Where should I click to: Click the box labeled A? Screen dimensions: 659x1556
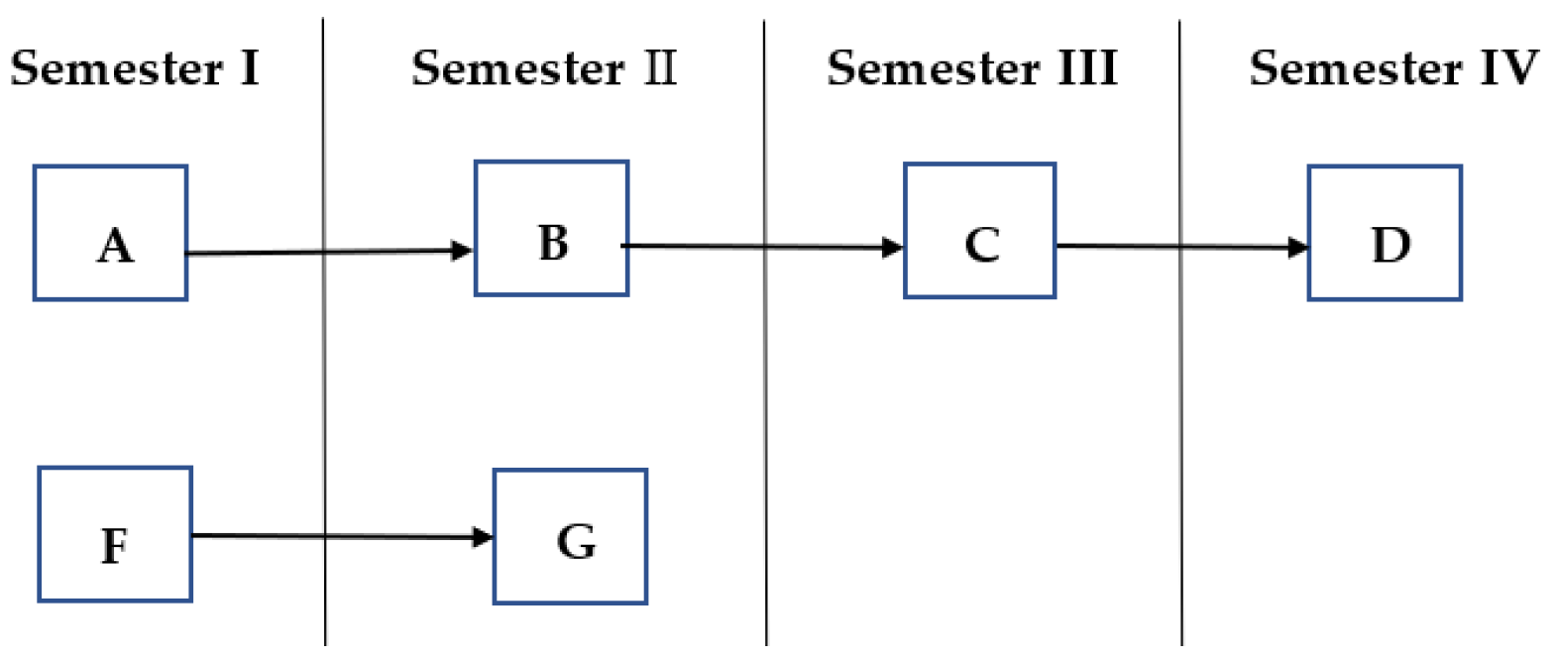(x=110, y=233)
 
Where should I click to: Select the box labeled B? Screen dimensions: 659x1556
(x=551, y=229)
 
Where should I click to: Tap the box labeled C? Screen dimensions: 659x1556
(x=979, y=231)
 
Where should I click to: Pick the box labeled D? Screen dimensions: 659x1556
(x=1384, y=233)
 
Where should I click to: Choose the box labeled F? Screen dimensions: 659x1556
(x=115, y=534)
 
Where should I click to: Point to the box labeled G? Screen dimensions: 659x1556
(x=570, y=536)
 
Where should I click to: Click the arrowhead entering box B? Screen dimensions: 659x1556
(x=463, y=251)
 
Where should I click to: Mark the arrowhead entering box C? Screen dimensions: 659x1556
(x=892, y=247)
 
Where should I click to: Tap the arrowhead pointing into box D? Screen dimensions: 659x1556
(x=1297, y=247)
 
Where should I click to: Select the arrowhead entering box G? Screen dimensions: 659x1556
(x=483, y=537)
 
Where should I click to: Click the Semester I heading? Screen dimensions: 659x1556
(x=134, y=68)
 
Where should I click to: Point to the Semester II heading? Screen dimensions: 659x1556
(x=544, y=68)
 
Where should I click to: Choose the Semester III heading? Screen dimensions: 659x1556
(x=971, y=68)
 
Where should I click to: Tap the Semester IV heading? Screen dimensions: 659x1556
(x=1392, y=68)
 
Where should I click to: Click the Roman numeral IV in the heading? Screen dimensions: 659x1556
(x=1508, y=68)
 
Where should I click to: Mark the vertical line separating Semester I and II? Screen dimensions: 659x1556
(x=324, y=396)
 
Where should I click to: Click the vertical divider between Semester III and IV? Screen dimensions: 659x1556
(x=1180, y=396)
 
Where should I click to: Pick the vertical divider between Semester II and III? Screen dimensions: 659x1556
(x=765, y=396)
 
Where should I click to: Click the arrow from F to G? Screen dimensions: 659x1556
(x=337, y=536)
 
